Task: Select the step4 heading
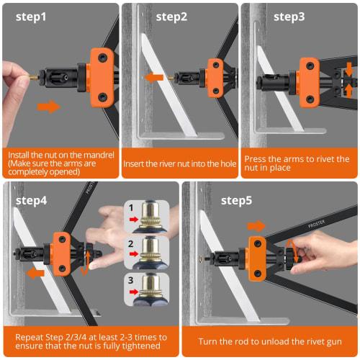(x=34, y=199)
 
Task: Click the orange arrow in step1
(x=48, y=107)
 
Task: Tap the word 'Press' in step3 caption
(x=256, y=158)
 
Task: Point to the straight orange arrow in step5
(x=256, y=226)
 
